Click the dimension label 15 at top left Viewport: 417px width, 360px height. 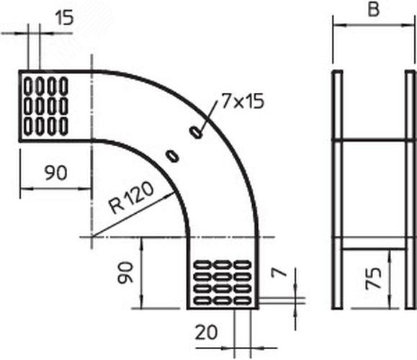(64, 18)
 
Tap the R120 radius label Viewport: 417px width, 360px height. (131, 198)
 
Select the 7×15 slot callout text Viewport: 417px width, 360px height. (243, 102)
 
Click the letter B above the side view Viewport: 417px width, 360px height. (373, 10)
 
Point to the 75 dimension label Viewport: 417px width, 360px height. (373, 278)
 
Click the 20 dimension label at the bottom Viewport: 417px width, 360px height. (206, 333)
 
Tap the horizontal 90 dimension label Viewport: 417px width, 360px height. (56, 173)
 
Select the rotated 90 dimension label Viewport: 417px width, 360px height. (125, 273)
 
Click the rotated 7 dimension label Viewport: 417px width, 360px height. (279, 273)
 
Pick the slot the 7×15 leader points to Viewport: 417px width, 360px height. (196, 132)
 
